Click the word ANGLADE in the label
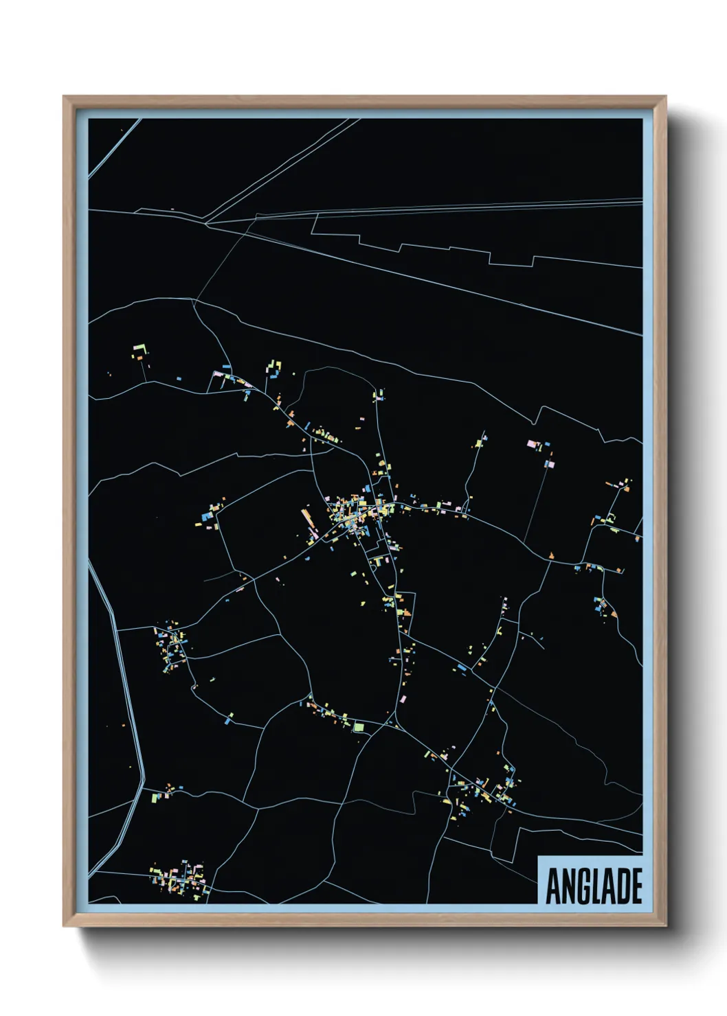(593, 886)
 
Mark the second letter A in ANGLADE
(607, 886)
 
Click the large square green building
(358, 726)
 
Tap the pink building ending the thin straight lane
(549, 464)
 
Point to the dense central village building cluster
(354, 511)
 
